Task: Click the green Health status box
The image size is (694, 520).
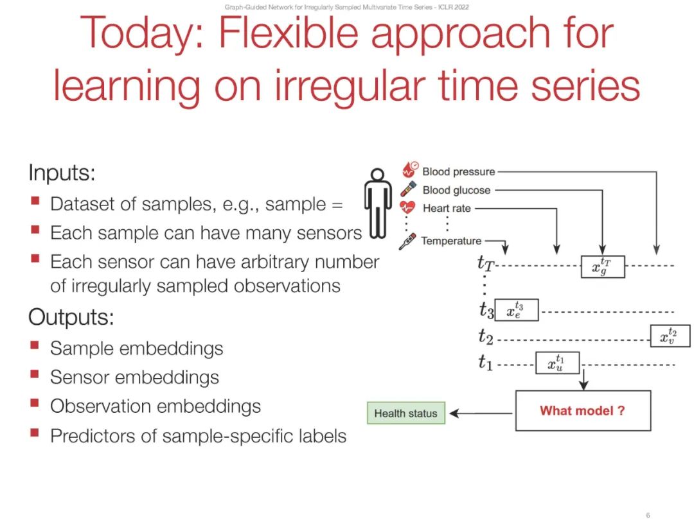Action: pos(405,413)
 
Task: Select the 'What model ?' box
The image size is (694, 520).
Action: pos(582,410)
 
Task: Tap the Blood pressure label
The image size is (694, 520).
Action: pos(459,171)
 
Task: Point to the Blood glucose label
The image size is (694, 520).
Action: pos(456,190)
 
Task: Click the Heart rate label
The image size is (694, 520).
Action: pos(447,208)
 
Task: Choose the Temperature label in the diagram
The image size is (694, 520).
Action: pos(451,241)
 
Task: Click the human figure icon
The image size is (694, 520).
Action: pos(378,203)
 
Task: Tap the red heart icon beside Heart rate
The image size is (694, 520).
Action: pos(408,207)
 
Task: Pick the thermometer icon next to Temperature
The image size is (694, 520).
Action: pos(407,241)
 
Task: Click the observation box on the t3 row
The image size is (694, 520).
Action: pos(517,310)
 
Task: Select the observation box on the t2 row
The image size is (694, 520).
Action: pos(670,336)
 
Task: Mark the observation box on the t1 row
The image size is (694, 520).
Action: pos(557,363)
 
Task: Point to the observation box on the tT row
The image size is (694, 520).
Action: pos(602,265)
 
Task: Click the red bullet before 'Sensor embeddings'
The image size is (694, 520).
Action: pos(35,376)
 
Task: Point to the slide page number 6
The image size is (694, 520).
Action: pos(648,515)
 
